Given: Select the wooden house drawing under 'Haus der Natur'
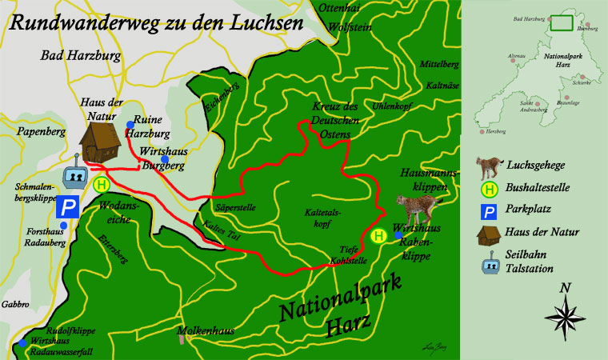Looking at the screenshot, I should [100, 142].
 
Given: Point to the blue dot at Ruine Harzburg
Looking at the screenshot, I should [130, 124].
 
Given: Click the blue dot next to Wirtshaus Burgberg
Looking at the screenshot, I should [165, 159].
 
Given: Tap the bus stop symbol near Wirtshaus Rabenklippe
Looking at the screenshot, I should [379, 236].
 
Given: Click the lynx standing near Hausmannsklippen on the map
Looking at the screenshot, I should [416, 210].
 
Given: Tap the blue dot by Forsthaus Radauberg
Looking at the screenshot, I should [63, 226].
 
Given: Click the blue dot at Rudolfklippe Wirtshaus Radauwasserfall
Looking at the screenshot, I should [22, 344].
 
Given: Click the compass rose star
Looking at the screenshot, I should [566, 313].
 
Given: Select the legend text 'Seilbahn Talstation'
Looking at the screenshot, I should [530, 262].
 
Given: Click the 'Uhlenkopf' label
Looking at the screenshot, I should [414, 106].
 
